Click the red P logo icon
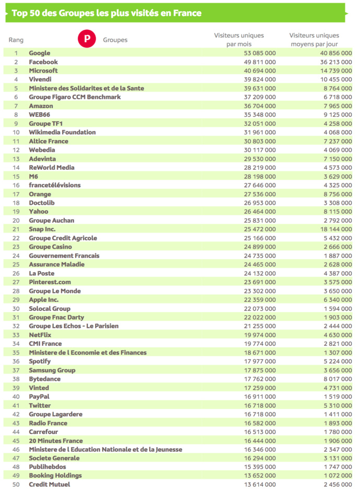(87, 39)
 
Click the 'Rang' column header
(16, 40)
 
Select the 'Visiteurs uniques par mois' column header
(239, 40)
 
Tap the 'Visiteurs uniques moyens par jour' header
(314, 40)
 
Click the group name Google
(40, 53)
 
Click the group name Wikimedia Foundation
(62, 133)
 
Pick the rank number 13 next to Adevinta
(16, 159)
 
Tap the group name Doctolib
(42, 203)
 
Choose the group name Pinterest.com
(50, 282)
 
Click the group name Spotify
(40, 361)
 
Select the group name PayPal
(39, 396)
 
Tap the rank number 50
(16, 485)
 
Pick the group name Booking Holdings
(55, 476)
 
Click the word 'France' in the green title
(187, 13)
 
